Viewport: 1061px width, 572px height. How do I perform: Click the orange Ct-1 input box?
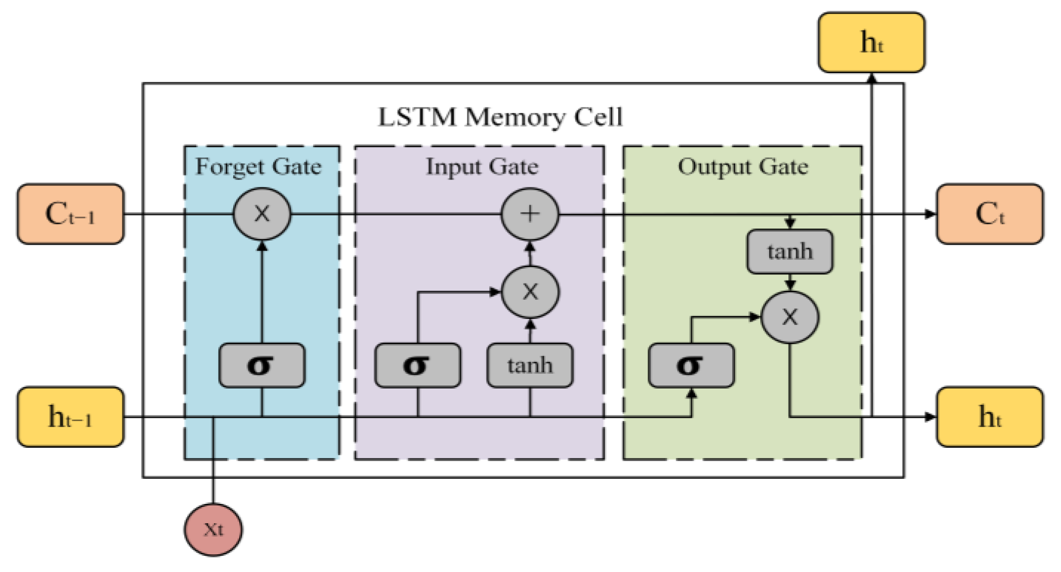pyautogui.click(x=71, y=214)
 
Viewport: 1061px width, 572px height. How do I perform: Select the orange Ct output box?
pyautogui.click(x=989, y=214)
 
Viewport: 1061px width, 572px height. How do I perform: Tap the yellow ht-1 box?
pyautogui.click(x=71, y=417)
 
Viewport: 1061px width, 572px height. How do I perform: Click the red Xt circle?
pyautogui.click(x=213, y=529)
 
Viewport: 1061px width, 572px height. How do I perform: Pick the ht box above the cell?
pyautogui.click(x=871, y=42)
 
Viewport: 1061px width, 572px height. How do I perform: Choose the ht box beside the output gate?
pyautogui.click(x=989, y=417)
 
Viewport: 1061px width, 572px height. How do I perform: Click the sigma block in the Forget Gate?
pyautogui.click(x=261, y=365)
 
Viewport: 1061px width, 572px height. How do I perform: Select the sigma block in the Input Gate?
pyautogui.click(x=418, y=365)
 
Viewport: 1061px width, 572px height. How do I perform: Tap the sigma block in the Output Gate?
pyautogui.click(x=691, y=365)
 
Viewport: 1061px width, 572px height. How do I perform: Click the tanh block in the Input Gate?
pyautogui.click(x=530, y=365)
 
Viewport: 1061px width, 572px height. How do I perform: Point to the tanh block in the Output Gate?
pyautogui.click(x=789, y=251)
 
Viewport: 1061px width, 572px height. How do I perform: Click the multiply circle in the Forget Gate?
pyautogui.click(x=262, y=214)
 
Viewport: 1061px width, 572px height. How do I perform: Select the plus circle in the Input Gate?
pyautogui.click(x=530, y=214)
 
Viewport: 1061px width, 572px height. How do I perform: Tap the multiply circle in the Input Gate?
pyautogui.click(x=530, y=292)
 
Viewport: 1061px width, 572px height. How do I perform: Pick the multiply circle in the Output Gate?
pyautogui.click(x=790, y=317)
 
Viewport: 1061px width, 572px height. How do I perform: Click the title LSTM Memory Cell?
pyautogui.click(x=500, y=117)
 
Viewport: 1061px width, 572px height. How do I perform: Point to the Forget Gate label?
pyautogui.click(x=258, y=167)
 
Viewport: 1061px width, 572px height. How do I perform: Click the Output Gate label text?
pyautogui.click(x=743, y=167)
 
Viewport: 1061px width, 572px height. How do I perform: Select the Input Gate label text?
pyautogui.click(x=482, y=167)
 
